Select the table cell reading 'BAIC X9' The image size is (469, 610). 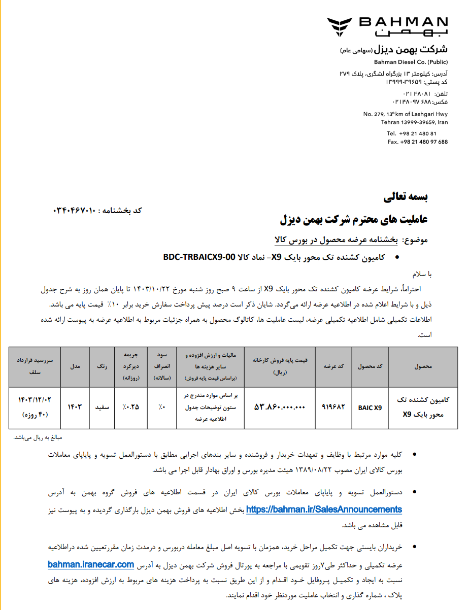370,408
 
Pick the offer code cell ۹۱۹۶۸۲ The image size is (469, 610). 333,408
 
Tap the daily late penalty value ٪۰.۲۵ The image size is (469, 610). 130,408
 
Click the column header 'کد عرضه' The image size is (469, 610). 333,366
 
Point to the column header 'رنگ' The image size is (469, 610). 103,366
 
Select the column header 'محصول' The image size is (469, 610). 423,366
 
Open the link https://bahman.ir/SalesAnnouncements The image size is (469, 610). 324,509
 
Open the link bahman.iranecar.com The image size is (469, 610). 91,564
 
